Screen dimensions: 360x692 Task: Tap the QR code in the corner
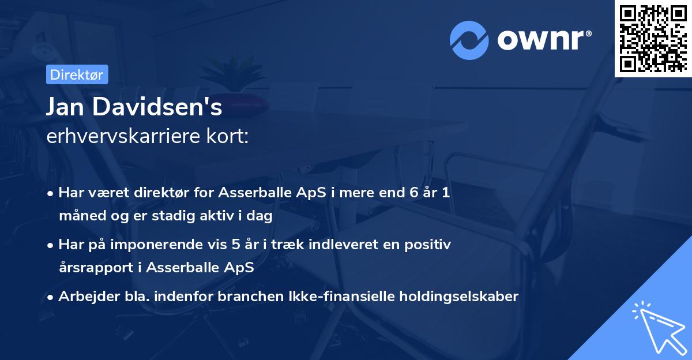[653, 38]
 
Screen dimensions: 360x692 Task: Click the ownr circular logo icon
[468, 40]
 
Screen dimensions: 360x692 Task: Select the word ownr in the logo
[543, 39]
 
